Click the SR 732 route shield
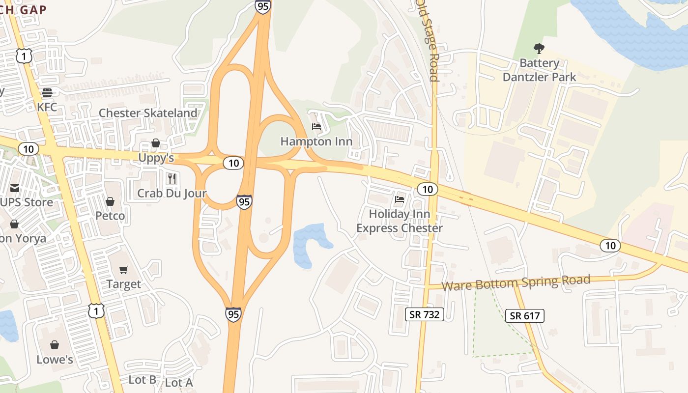coord(425,314)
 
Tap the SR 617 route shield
coord(525,316)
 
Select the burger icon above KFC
coord(47,92)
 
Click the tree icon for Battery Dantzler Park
coord(539,49)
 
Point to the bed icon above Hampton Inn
coord(316,127)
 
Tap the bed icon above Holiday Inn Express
coord(400,199)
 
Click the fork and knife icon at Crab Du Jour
coord(172,178)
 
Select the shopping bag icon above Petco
coord(110,201)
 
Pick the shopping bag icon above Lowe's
coord(55,345)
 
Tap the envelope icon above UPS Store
coord(14,188)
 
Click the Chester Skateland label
coord(148,113)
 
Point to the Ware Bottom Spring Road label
coord(516,283)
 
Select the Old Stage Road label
coord(427,40)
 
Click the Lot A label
coord(179,383)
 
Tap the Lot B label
coord(143,380)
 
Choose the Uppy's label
coord(156,158)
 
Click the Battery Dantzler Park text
coord(539,70)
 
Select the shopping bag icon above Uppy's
coord(156,143)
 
